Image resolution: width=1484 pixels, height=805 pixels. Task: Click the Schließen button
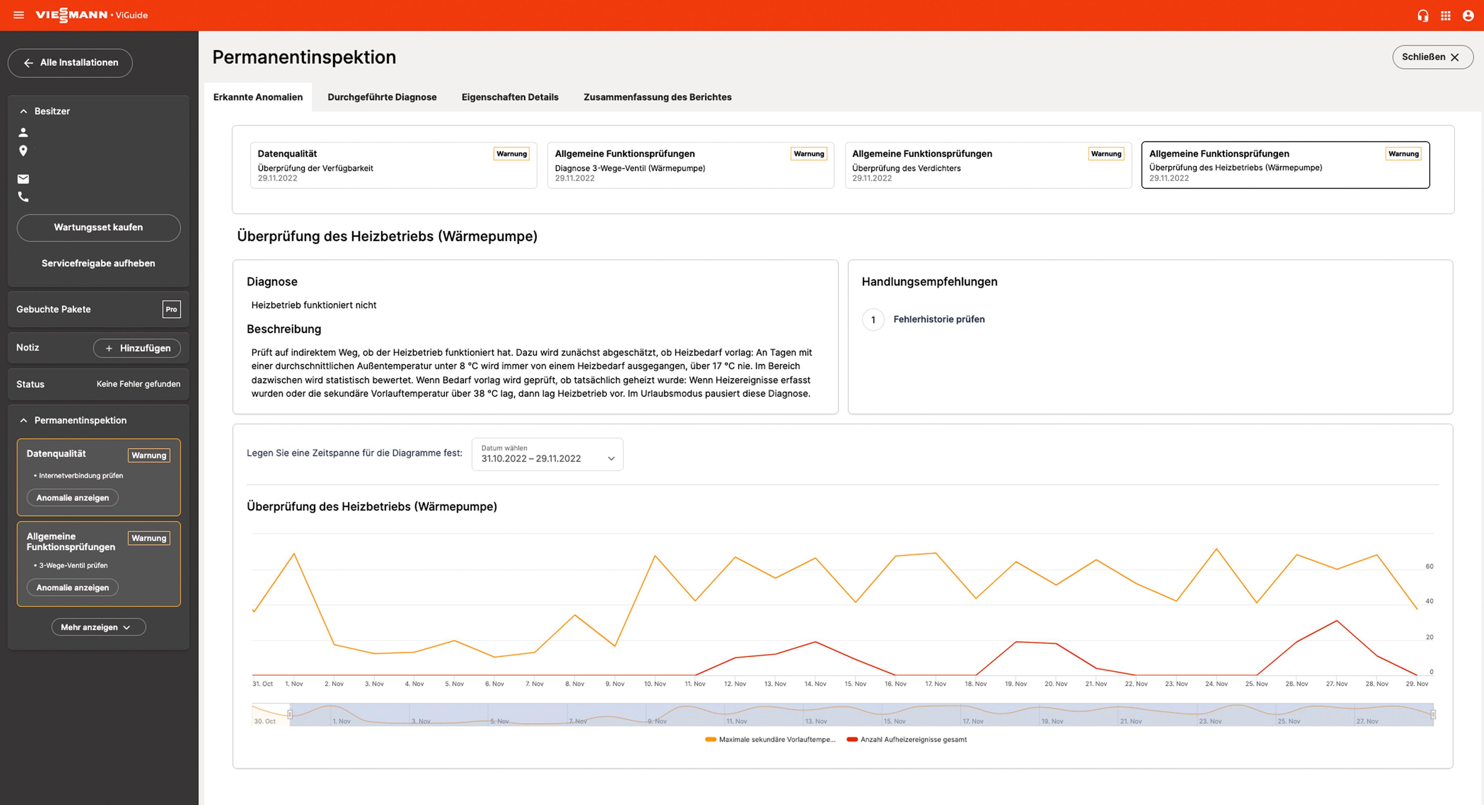[1431, 57]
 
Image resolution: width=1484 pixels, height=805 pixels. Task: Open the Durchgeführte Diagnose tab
[382, 97]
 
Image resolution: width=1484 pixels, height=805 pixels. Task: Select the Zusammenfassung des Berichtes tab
[657, 97]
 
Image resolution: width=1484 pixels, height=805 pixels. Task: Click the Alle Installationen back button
[70, 63]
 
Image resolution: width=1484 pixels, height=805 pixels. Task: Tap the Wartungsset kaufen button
[99, 228]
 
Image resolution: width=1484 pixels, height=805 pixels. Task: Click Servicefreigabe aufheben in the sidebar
[99, 263]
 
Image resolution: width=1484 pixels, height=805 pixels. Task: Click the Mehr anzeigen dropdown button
[99, 627]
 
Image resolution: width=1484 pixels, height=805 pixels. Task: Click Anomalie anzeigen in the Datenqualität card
[72, 498]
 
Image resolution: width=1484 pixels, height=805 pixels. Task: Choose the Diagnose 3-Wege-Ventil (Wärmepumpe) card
[690, 165]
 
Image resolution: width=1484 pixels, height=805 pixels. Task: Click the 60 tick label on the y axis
[1429, 567]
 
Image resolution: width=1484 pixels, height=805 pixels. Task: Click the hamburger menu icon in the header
[19, 15]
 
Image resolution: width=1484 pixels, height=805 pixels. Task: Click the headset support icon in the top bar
[1423, 16]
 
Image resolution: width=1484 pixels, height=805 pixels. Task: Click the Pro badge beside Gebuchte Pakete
[171, 309]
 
